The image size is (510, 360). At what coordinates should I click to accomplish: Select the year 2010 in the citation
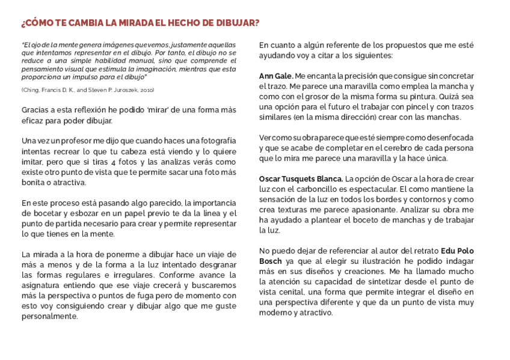[146, 90]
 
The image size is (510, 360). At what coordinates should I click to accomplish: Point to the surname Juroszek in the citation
[124, 90]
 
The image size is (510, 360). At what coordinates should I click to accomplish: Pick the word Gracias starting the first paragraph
[35, 110]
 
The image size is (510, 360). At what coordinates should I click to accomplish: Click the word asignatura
[43, 285]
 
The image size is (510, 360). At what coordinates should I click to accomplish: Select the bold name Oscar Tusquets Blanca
[301, 179]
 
